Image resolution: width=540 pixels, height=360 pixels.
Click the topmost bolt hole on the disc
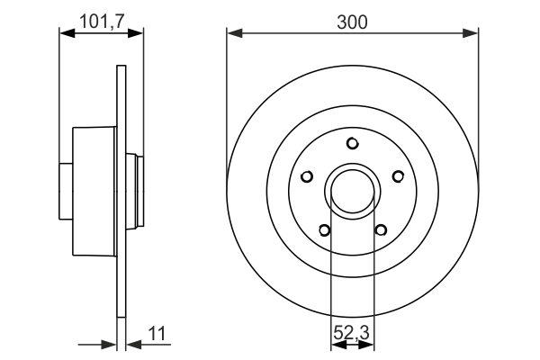pos(353,143)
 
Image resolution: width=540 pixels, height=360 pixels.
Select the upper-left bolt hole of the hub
pos(308,176)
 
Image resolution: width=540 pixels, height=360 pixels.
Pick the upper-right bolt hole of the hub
pos(397,176)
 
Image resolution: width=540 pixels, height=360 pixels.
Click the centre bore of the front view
pos(353,190)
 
